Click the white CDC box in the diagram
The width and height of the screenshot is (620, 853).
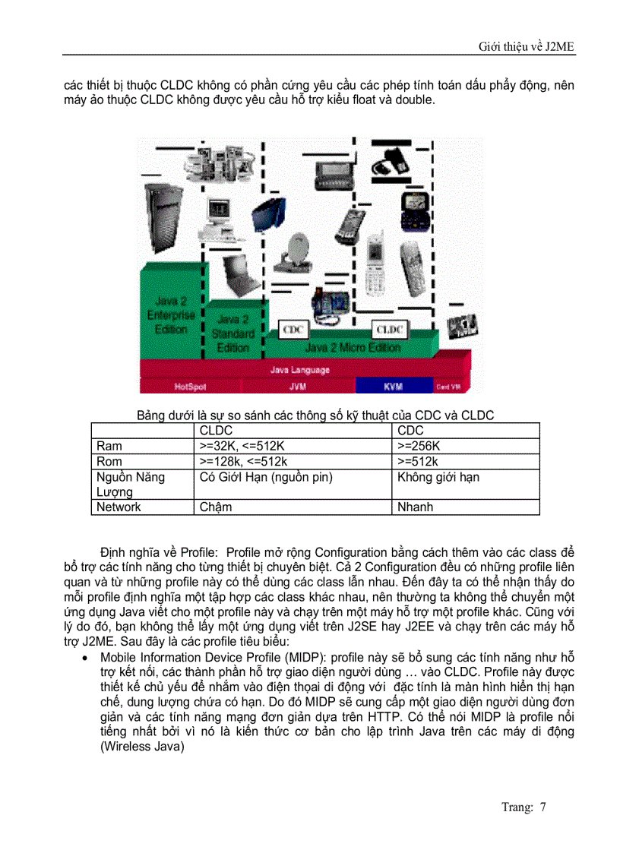pos(293,330)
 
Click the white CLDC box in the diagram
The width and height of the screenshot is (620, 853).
pos(389,329)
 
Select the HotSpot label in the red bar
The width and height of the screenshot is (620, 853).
pos(190,387)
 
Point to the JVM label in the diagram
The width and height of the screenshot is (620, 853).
pos(298,387)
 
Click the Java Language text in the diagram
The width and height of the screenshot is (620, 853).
pos(300,370)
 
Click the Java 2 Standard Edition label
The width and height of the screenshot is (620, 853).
pos(232,333)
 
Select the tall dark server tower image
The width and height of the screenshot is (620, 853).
pos(163,220)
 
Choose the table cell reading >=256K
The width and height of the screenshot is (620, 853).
pos(418,446)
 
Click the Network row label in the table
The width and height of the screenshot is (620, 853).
pos(119,507)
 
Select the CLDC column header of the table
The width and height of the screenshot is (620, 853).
pos(216,431)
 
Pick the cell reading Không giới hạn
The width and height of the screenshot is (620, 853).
pos(438,477)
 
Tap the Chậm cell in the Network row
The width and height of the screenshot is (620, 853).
pos(216,507)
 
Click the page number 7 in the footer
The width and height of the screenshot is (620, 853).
pos(543,807)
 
